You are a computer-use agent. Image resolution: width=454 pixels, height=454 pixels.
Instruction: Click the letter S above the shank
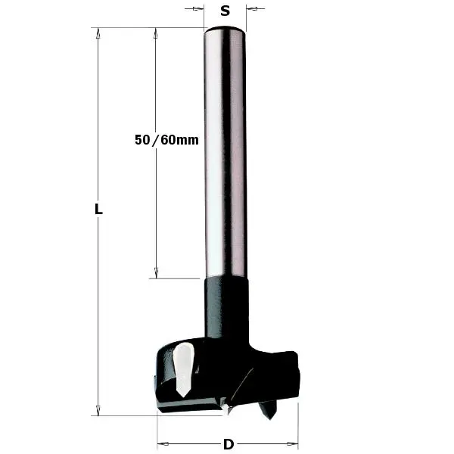click(x=225, y=11)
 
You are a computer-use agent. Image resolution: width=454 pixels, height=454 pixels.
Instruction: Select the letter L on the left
click(x=98, y=210)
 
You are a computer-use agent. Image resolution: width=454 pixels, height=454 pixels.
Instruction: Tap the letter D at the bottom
click(x=228, y=443)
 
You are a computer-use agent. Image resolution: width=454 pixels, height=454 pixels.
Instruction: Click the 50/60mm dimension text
click(x=166, y=140)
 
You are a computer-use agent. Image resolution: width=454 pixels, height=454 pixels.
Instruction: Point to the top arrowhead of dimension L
click(x=98, y=33)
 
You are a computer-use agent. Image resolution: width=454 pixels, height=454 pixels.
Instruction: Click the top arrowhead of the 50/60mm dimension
click(x=156, y=33)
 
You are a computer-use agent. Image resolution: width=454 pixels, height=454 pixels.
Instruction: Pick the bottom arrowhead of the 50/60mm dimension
click(x=156, y=273)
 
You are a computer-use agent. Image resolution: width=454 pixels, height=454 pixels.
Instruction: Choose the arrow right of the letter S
click(x=252, y=10)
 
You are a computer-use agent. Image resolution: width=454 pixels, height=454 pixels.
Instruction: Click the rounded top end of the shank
click(x=225, y=30)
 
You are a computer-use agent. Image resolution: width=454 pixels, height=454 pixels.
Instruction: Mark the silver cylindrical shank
click(x=225, y=151)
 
